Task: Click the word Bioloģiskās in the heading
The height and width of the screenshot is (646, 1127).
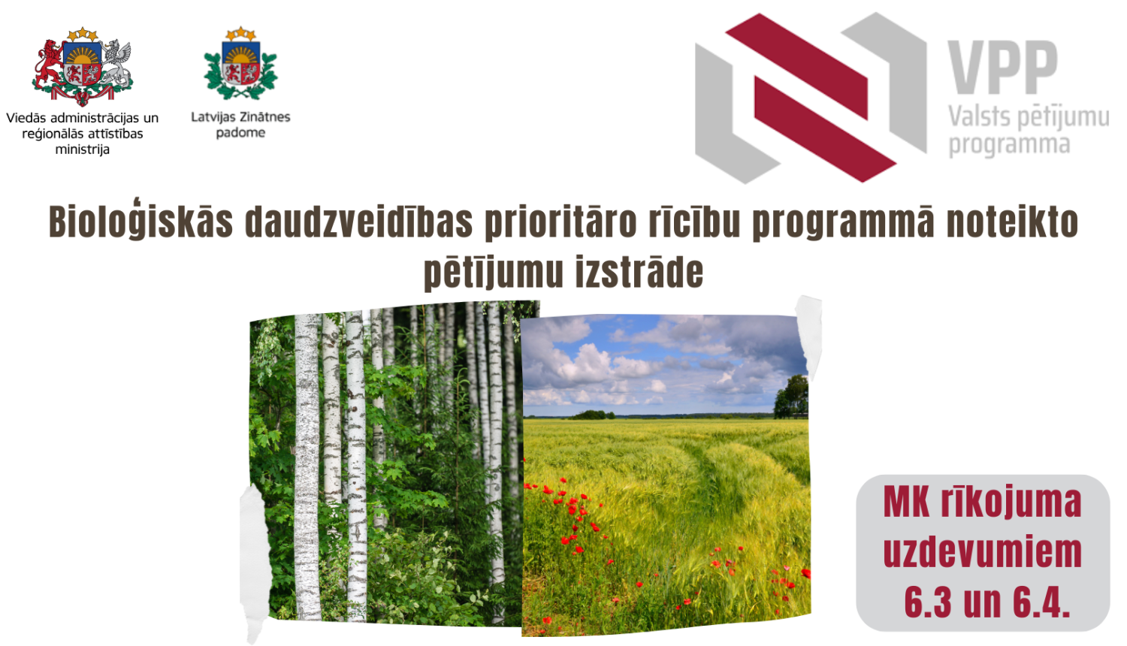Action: [x=140, y=222]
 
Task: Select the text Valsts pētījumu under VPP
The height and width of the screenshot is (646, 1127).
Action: [x=1028, y=117]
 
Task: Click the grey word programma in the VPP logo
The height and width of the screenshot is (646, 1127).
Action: [x=1008, y=144]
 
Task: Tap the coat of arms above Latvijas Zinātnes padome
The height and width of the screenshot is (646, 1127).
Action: [x=240, y=65]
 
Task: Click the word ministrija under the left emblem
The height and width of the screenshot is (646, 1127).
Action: [x=82, y=149]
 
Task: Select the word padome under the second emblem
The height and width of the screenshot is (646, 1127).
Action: [x=240, y=133]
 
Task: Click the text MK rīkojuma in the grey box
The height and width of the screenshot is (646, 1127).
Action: [x=982, y=503]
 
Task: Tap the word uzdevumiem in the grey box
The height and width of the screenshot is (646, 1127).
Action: [x=982, y=552]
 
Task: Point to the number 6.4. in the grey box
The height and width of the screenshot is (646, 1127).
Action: [x=1041, y=602]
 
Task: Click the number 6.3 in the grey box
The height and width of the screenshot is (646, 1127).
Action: [x=929, y=602]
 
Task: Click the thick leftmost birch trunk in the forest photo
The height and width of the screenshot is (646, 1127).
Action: [x=307, y=466]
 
